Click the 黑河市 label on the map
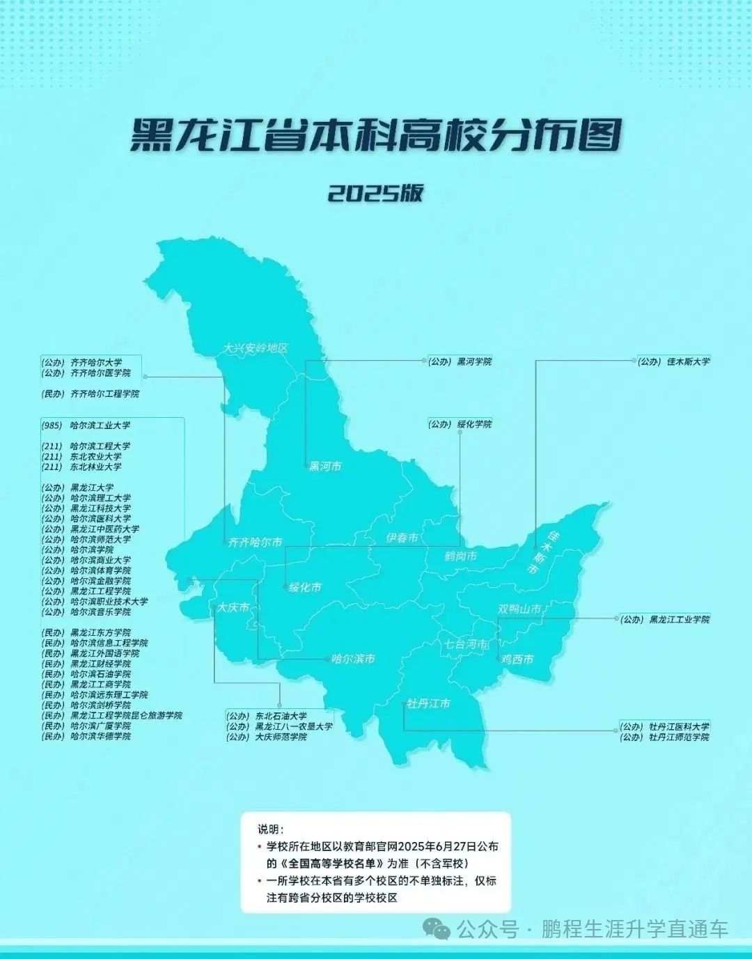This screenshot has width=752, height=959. coord(325,467)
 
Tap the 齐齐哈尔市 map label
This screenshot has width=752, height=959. coord(256,542)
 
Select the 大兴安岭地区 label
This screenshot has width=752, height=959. coord(256,348)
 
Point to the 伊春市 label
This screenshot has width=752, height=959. coord(402,538)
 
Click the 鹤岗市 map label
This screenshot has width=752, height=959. coord(461,556)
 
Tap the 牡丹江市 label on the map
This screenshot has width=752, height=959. coord(428,703)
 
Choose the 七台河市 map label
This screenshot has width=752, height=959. coord(467,644)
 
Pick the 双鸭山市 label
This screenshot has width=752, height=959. coord(519,609)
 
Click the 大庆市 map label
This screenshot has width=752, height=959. coord(233,607)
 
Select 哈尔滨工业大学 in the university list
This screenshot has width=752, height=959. coord(100,426)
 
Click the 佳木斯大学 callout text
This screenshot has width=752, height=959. coord(688,361)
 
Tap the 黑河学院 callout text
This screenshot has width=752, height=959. coord(473,362)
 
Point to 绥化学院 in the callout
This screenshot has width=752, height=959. coord(473,424)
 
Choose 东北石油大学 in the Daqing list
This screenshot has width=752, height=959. coord(281,716)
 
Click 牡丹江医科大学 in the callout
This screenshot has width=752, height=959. coord(679,726)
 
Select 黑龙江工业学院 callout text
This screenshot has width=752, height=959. coord(679,619)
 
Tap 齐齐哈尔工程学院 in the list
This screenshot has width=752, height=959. coord(104,394)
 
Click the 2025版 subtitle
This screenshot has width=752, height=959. coord(375,193)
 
